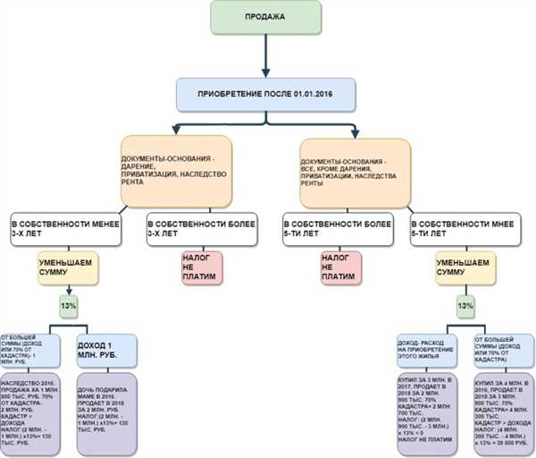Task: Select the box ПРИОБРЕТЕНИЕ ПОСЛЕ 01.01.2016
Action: tap(266, 93)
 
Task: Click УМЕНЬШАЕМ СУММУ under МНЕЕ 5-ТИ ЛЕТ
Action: tap(464, 270)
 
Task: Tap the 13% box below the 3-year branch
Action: tap(68, 306)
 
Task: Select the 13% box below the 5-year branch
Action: tap(465, 306)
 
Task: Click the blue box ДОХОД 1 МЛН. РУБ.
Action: tap(106, 351)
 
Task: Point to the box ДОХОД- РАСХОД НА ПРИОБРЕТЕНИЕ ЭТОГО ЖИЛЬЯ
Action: tap(427, 351)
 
